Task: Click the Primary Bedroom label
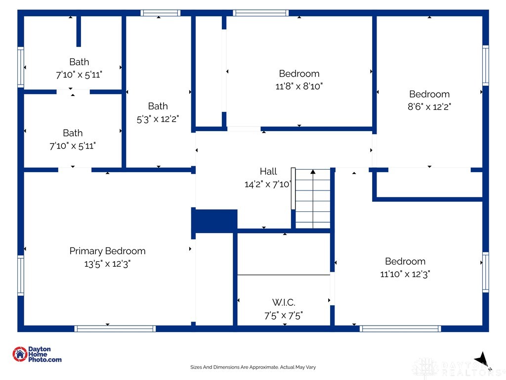click(107, 251)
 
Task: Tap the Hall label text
click(268, 171)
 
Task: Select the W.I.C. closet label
click(284, 302)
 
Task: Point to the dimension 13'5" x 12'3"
click(107, 264)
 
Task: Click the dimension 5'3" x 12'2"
click(158, 119)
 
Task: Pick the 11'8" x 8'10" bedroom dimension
click(299, 86)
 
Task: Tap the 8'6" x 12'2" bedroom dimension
click(429, 107)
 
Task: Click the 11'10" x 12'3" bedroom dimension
click(405, 274)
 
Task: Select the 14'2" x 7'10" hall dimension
click(268, 184)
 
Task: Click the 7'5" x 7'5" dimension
click(284, 315)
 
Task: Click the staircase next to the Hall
click(313, 198)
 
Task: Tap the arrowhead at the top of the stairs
click(313, 172)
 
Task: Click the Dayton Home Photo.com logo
click(37, 354)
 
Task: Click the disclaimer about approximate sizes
click(253, 367)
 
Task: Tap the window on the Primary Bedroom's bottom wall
click(115, 329)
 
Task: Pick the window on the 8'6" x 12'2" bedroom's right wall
click(486, 66)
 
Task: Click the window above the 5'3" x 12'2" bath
click(161, 13)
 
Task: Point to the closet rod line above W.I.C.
click(284, 275)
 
